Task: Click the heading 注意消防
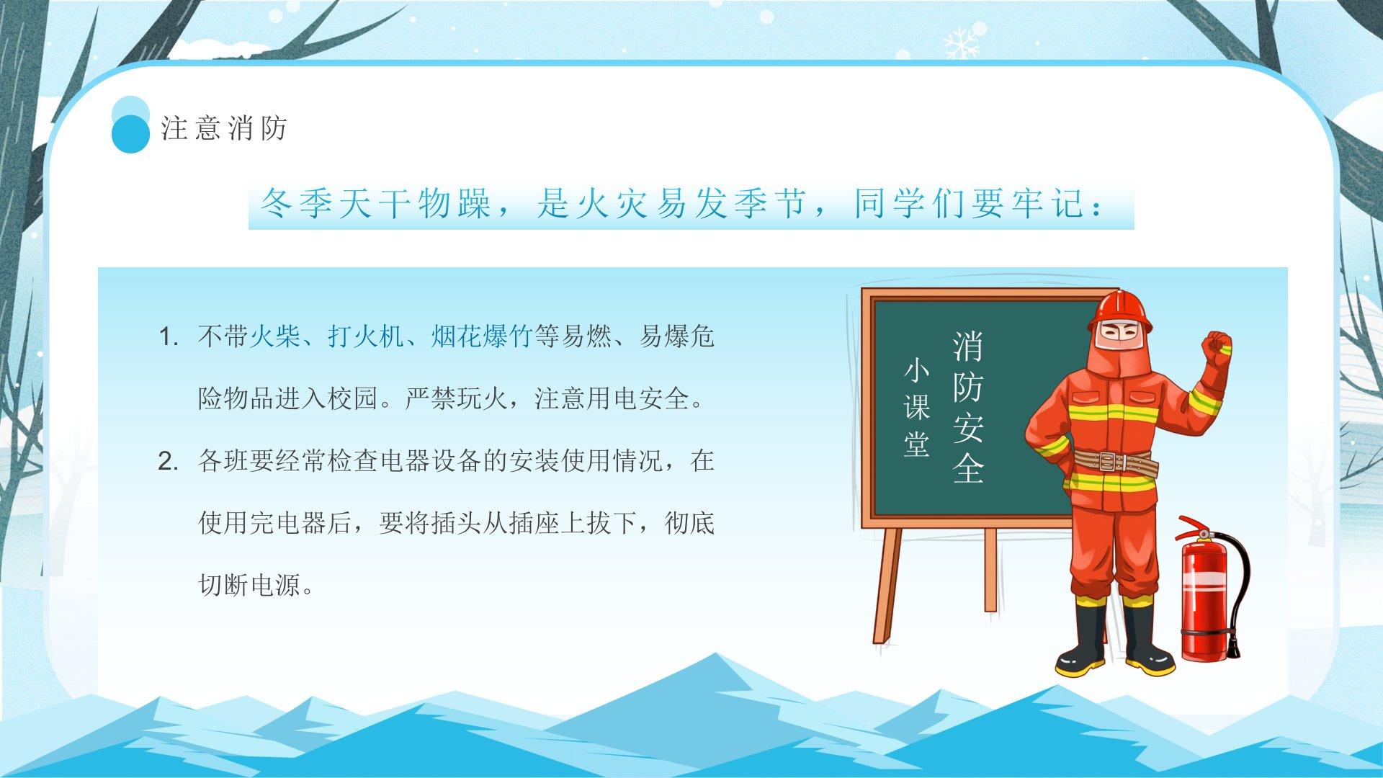(224, 128)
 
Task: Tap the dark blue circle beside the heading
(131, 134)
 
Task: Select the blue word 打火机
(365, 336)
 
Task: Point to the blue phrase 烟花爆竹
(481, 336)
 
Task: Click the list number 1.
(168, 337)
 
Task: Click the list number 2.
(168, 462)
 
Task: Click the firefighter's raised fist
(1217, 348)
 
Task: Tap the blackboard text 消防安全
(967, 407)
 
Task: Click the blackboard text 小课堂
(916, 408)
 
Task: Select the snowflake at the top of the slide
(964, 42)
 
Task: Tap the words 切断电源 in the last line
(249, 586)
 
